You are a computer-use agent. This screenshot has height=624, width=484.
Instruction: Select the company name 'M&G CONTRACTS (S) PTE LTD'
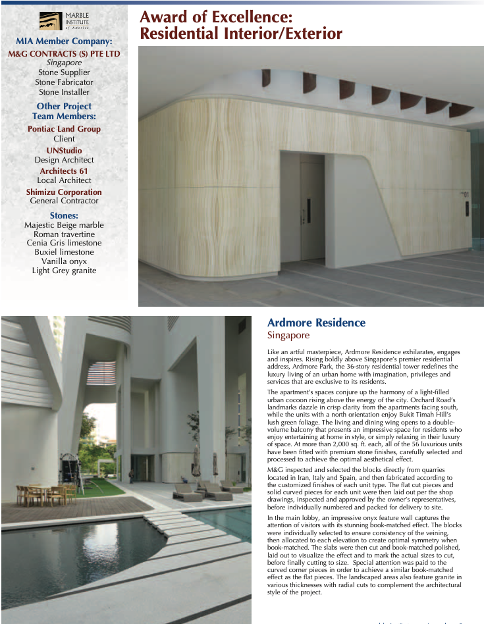[x=64, y=53]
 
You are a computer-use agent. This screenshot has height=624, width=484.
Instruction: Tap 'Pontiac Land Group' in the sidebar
[x=64, y=129]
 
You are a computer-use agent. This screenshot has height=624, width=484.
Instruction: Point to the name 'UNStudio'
[x=64, y=151]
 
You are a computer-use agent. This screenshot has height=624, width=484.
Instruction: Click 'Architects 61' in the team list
[x=64, y=171]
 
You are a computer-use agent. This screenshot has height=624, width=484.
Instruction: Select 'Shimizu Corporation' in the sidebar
[x=64, y=192]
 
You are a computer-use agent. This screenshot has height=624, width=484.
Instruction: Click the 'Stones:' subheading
[x=64, y=215]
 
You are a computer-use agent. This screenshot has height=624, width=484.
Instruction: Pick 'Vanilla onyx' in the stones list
[x=64, y=261]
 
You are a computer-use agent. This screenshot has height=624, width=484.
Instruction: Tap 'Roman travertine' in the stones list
[x=64, y=234]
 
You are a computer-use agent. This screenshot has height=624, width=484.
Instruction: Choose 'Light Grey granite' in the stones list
[x=64, y=271]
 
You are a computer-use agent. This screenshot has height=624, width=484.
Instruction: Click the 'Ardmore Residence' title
[x=316, y=323]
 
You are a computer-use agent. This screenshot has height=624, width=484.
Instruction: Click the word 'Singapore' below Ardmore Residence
[x=288, y=336]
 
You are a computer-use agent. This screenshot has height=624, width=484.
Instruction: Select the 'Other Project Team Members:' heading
[x=64, y=111]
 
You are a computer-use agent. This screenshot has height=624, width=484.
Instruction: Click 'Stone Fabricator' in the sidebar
[x=64, y=82]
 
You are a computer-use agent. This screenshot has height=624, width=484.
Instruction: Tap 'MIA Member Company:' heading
[x=64, y=41]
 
